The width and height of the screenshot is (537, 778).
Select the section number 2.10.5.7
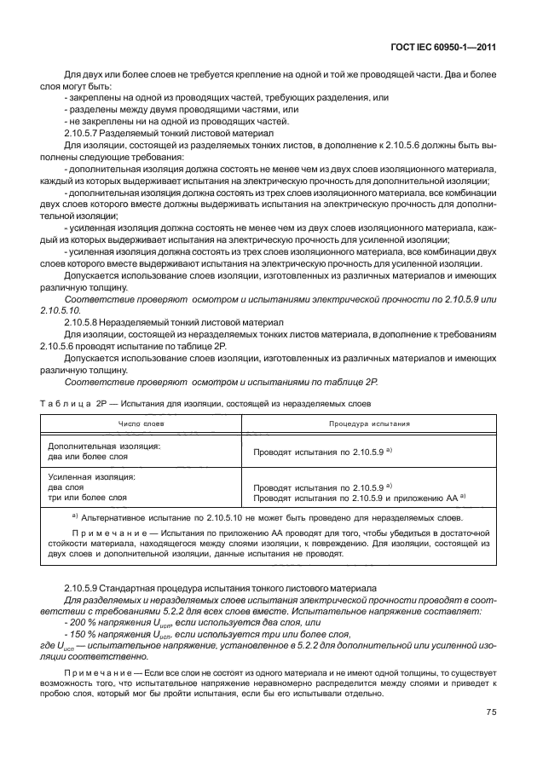tap(84, 135)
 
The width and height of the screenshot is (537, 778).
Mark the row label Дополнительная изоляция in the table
tap(104, 445)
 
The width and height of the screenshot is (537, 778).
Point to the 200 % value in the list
tap(80, 624)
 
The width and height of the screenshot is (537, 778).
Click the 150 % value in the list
tap(80, 635)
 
